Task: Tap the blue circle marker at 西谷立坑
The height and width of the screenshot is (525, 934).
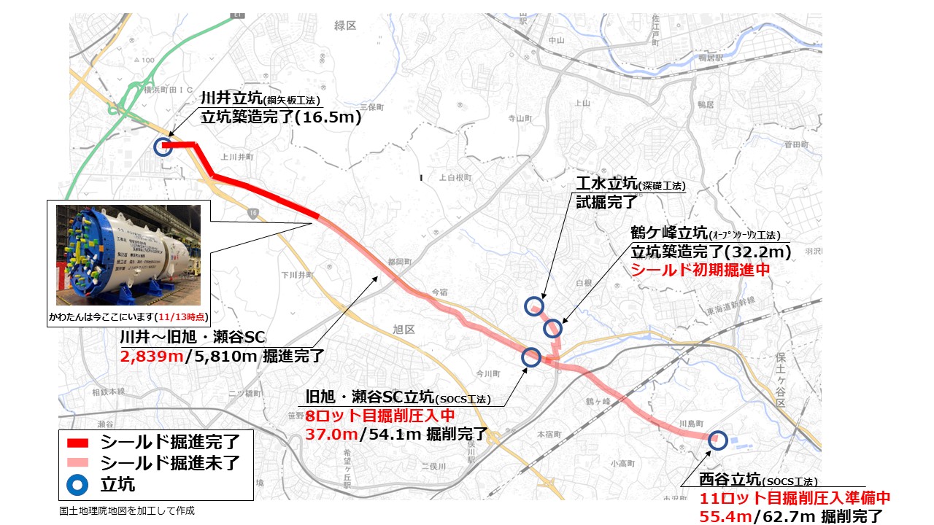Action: click(x=718, y=438)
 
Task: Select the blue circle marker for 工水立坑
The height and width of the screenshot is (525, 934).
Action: click(x=535, y=306)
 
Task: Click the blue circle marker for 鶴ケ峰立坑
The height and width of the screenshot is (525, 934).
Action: click(x=553, y=329)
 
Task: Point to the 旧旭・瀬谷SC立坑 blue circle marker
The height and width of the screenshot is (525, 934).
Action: click(x=531, y=357)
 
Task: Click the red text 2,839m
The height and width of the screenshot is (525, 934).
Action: click(x=145, y=357)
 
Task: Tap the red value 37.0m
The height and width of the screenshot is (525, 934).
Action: click(x=330, y=434)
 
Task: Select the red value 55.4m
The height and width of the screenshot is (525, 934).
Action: click(x=726, y=516)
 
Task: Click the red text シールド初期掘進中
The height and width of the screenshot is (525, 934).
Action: click(x=700, y=269)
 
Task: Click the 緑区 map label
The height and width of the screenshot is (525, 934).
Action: click(x=345, y=26)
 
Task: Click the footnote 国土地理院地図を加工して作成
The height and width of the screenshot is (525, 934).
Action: click(x=127, y=511)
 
